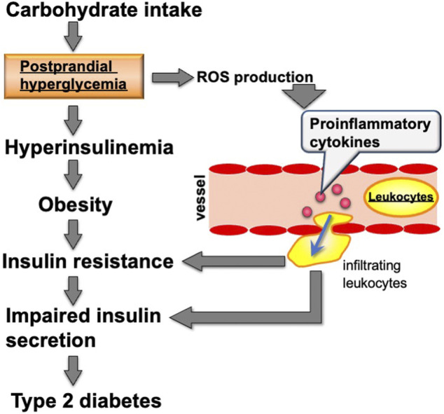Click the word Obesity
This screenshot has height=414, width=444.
coord(75,205)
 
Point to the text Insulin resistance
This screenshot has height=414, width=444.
coord(87,262)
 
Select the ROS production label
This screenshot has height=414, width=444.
coord(254,76)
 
